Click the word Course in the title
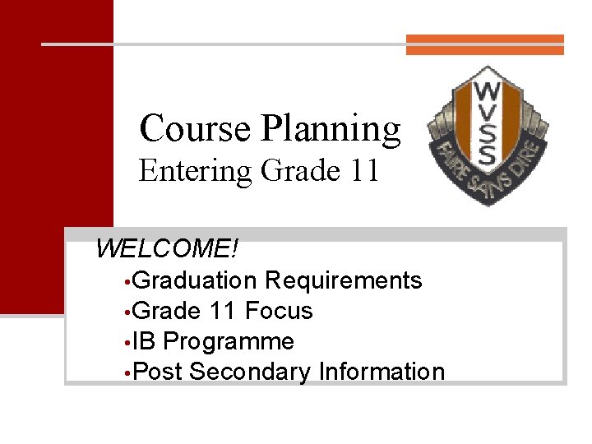(x=195, y=128)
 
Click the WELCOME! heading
(x=166, y=248)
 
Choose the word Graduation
(x=194, y=280)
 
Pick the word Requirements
(x=344, y=280)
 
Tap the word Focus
(x=279, y=311)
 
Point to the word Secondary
(x=250, y=372)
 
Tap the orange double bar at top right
(x=485, y=44)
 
